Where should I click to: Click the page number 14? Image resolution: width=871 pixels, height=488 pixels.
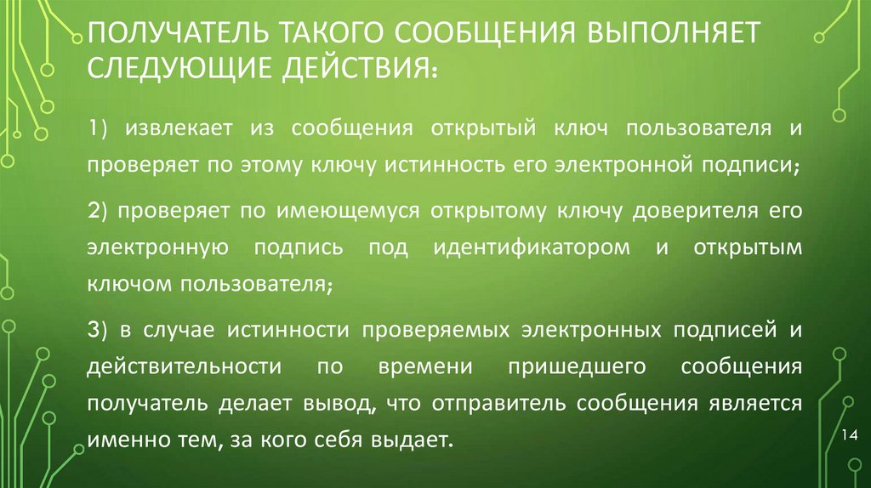coord(847,436)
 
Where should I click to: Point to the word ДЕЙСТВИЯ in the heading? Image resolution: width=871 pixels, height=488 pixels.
coord(356,72)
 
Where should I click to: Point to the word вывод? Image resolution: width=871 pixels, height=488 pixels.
coord(343,403)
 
